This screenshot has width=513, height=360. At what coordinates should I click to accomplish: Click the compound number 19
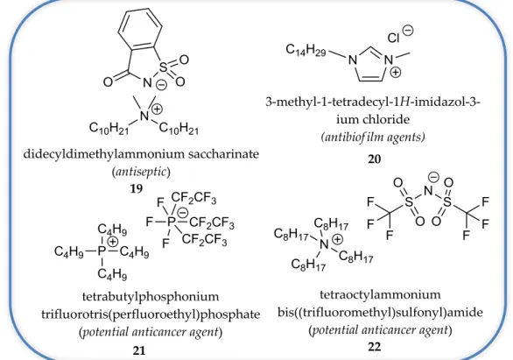(x=137, y=188)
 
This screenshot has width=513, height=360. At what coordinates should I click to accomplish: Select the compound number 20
(x=375, y=159)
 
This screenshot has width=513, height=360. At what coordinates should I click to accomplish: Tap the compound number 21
(x=139, y=350)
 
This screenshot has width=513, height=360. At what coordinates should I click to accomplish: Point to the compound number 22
(x=375, y=346)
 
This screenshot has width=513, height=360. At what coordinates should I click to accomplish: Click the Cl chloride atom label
(x=394, y=38)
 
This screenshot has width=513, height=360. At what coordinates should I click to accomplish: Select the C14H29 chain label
(x=306, y=50)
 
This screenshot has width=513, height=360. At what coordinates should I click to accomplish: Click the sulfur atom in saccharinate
(x=163, y=67)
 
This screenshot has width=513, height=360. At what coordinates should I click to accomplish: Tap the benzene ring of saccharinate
(x=141, y=29)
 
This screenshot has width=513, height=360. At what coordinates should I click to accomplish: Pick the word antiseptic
(x=141, y=171)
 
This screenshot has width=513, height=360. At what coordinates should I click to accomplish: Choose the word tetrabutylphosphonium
(x=151, y=297)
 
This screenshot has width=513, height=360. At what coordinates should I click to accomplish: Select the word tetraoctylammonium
(x=380, y=294)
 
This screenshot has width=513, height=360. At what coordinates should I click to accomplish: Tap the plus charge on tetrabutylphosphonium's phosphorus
(x=113, y=242)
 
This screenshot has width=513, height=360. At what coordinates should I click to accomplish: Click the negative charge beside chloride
(x=408, y=31)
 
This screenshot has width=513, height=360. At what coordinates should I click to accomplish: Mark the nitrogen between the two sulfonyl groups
(x=428, y=190)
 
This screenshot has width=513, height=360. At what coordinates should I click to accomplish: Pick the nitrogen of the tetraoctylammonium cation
(x=324, y=244)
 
